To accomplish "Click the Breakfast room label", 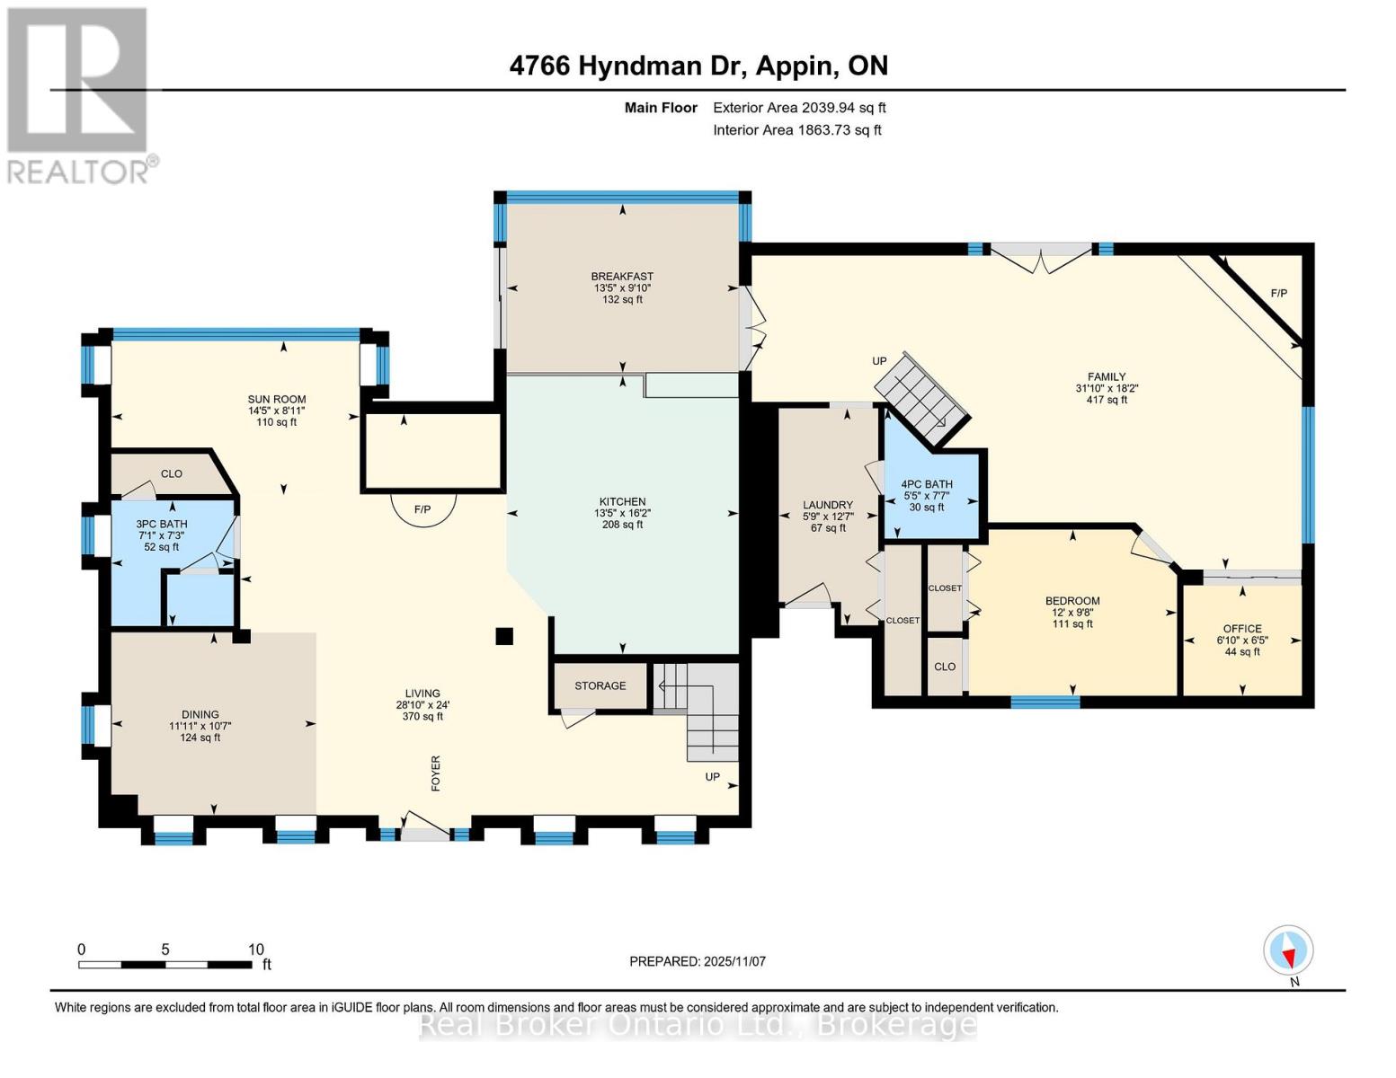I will (622, 276).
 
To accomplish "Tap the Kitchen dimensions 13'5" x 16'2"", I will (622, 513).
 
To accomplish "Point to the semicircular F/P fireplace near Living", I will (422, 508).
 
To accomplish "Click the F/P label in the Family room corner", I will (1278, 294).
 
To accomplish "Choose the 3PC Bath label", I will (162, 524).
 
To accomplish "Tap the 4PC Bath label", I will (927, 484).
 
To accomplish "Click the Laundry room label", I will (827, 505).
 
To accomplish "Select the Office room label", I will (1242, 629).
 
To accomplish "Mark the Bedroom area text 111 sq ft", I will (1072, 624).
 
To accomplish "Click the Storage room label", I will (600, 685).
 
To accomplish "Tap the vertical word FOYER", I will (436, 773).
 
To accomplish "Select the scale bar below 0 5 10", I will (165, 965).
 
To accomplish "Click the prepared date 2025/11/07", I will (698, 961).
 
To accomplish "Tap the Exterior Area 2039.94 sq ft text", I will (799, 108).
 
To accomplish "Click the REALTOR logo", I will (79, 94).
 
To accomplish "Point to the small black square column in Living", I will (504, 636).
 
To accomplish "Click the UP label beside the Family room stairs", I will (879, 361).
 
